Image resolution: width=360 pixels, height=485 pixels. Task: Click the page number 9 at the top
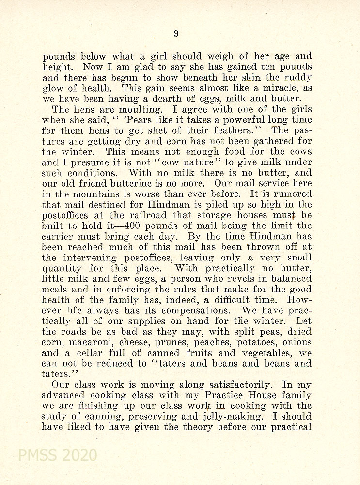point(176,33)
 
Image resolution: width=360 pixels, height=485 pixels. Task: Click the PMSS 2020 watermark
point(57,455)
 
